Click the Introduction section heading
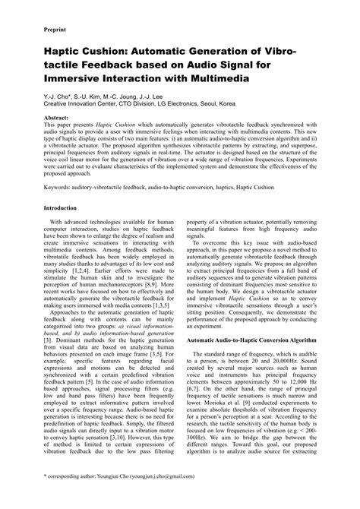(x=65, y=207)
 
